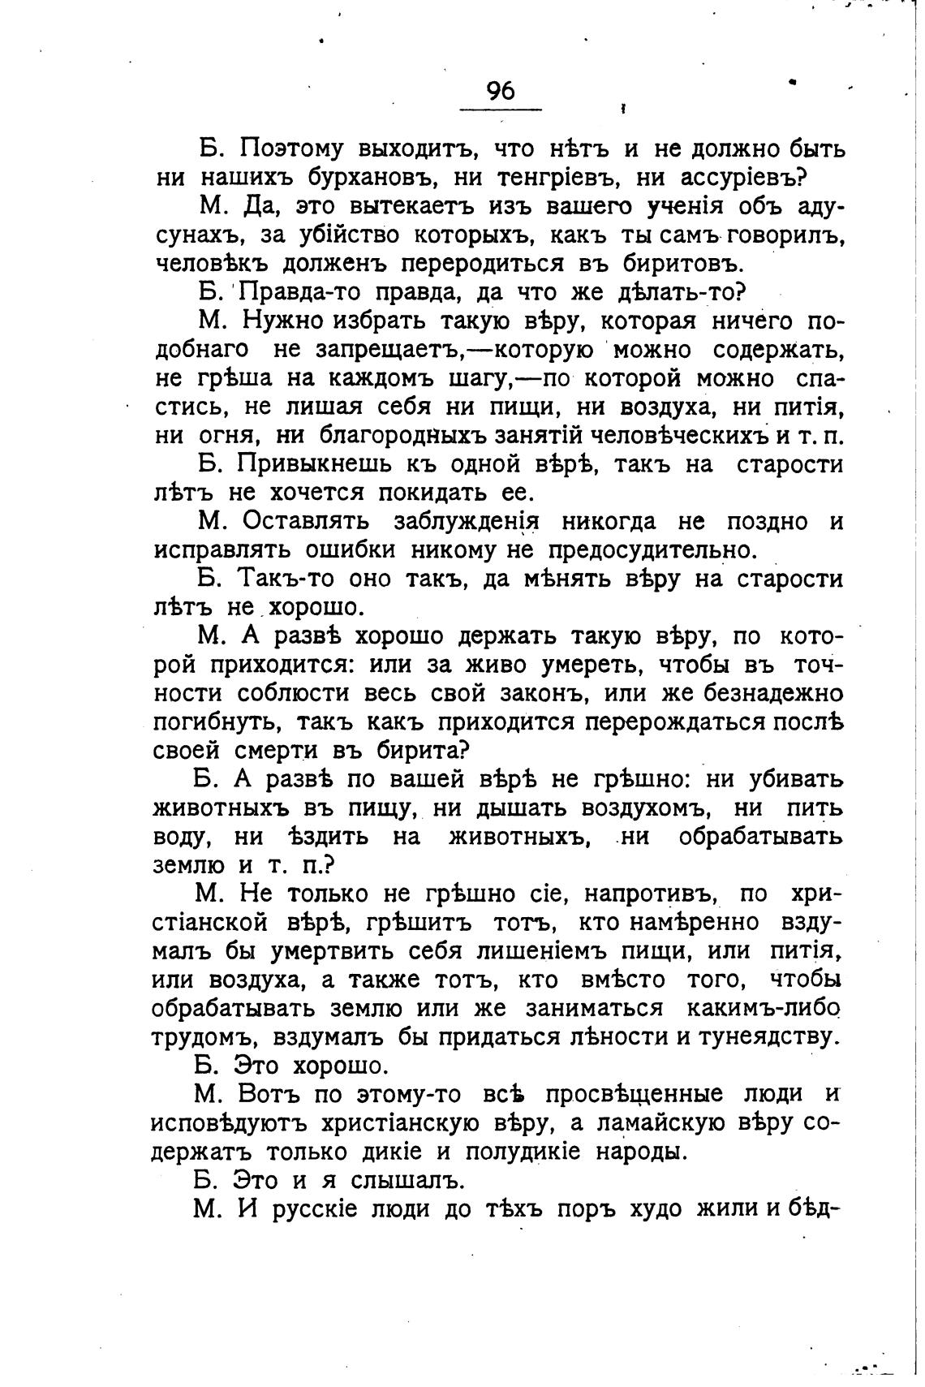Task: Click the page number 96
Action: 501,91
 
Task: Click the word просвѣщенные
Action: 632,1095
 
